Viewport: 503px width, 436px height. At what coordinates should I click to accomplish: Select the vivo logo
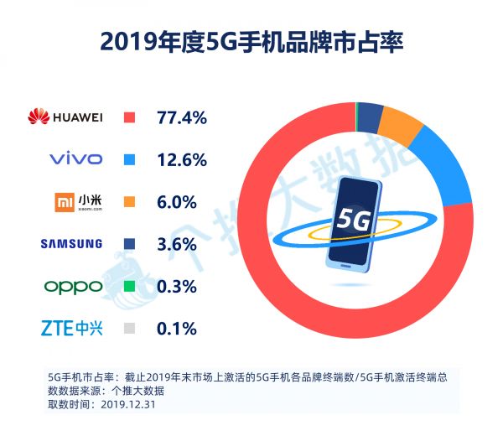(x=75, y=158)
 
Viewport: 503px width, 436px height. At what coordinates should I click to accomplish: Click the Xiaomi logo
(x=76, y=201)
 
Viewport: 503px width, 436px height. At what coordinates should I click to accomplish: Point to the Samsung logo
(x=71, y=244)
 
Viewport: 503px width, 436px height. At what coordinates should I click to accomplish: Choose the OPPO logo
(x=73, y=286)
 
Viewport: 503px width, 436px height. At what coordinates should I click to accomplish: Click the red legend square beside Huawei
(x=129, y=117)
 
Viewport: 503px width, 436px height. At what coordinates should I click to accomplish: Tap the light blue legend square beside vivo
(x=129, y=158)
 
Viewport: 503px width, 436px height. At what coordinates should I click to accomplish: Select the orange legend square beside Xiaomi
(x=129, y=201)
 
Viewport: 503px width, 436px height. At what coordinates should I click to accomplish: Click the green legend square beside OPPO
(x=129, y=286)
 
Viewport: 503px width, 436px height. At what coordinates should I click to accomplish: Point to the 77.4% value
(x=181, y=117)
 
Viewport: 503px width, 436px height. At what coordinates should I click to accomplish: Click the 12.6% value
(x=181, y=158)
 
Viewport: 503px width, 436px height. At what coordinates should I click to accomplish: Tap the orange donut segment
(x=401, y=126)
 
